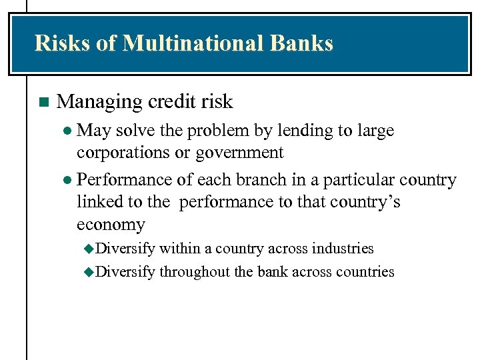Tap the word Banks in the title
click(302, 43)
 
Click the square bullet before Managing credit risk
click(44, 103)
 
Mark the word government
click(239, 153)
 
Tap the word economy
click(111, 224)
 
